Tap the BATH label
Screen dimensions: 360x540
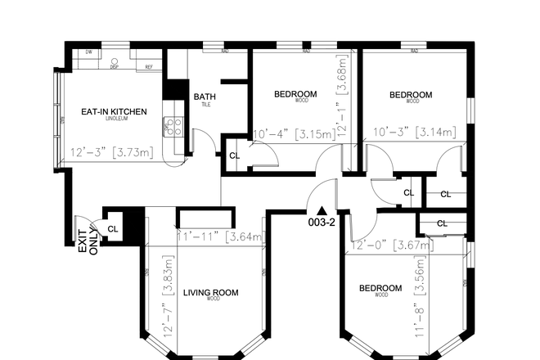(x=205, y=97)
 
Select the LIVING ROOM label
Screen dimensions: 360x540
(x=210, y=292)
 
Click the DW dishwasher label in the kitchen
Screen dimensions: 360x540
(x=88, y=52)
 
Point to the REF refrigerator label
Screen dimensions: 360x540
(x=149, y=67)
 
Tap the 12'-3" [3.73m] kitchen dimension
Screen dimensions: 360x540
(x=110, y=151)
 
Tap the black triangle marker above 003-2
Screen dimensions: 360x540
(x=322, y=210)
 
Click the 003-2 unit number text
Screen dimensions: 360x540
(x=322, y=223)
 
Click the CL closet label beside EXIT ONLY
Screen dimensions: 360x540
(x=113, y=229)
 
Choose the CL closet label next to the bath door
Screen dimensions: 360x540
(x=234, y=155)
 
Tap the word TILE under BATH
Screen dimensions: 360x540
(x=205, y=106)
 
